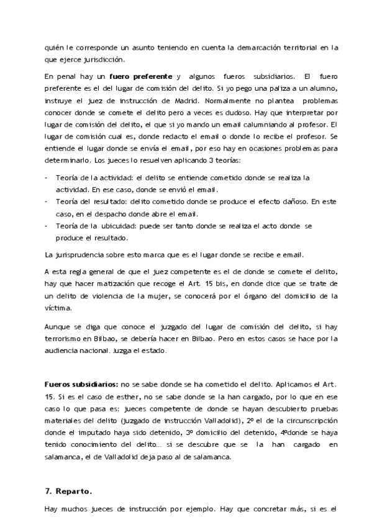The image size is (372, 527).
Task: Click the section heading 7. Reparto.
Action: pos(68,491)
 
